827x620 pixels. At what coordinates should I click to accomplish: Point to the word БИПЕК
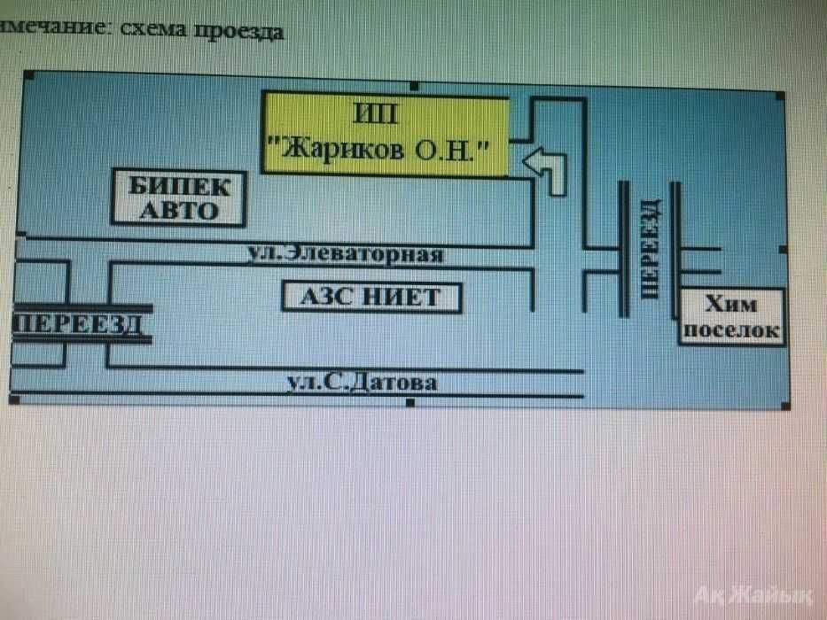click(178, 187)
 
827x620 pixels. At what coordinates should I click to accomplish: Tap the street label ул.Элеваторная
click(344, 255)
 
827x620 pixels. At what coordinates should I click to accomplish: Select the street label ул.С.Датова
click(362, 384)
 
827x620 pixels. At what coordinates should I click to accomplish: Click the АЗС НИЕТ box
click(371, 297)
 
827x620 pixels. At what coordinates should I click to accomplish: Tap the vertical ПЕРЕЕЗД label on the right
click(650, 248)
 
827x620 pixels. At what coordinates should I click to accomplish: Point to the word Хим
click(731, 305)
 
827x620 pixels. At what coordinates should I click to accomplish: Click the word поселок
click(731, 330)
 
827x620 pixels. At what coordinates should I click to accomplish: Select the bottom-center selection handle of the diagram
click(410, 403)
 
